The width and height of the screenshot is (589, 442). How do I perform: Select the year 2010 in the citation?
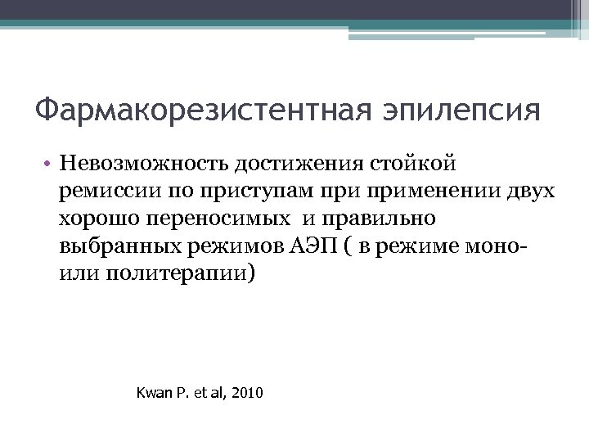pos(248,394)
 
